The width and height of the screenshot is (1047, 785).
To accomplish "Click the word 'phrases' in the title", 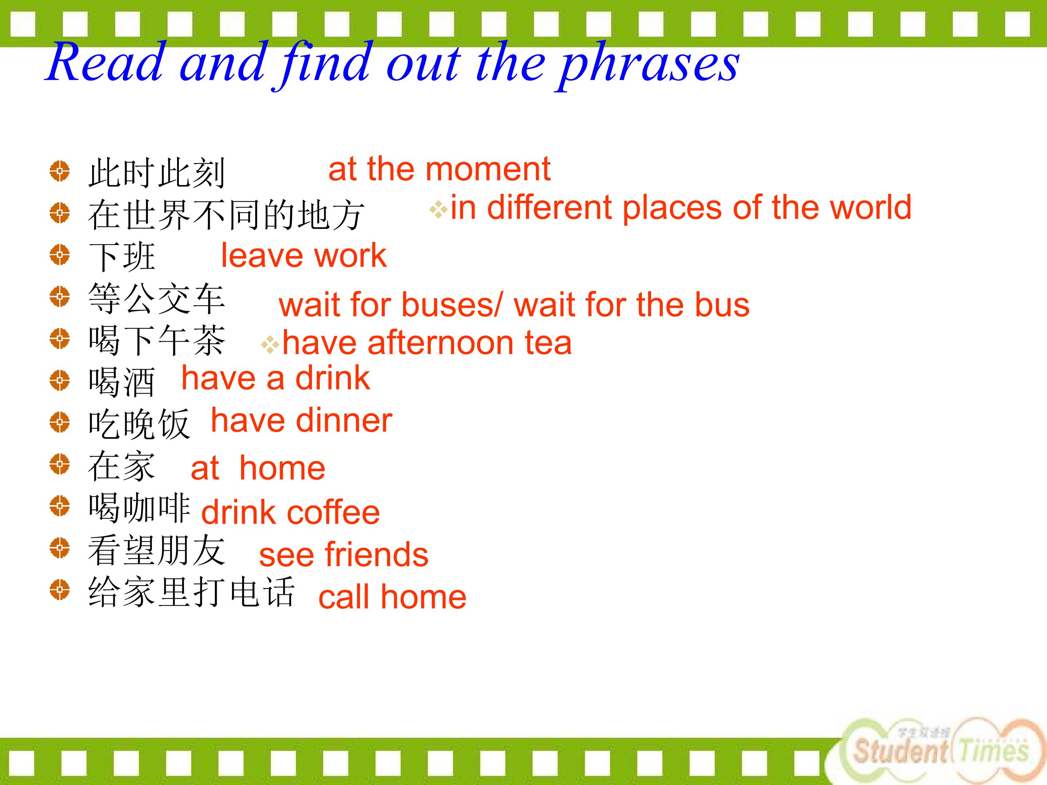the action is click(649, 64).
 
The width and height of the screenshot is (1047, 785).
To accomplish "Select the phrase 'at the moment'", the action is click(439, 169).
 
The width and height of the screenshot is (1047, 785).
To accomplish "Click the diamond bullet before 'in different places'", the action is click(438, 210).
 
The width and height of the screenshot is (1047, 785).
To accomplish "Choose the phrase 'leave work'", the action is click(304, 255).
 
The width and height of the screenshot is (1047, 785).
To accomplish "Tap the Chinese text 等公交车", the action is click(156, 299).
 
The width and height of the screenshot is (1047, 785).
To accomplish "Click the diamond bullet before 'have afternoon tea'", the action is click(270, 345).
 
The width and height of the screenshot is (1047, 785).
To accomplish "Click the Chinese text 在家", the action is click(122, 466).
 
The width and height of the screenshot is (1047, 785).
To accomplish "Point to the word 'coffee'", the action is click(333, 512).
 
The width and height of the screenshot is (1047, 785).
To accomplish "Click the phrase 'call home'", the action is click(392, 596).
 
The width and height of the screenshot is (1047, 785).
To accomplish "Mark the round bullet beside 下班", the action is click(60, 254).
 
